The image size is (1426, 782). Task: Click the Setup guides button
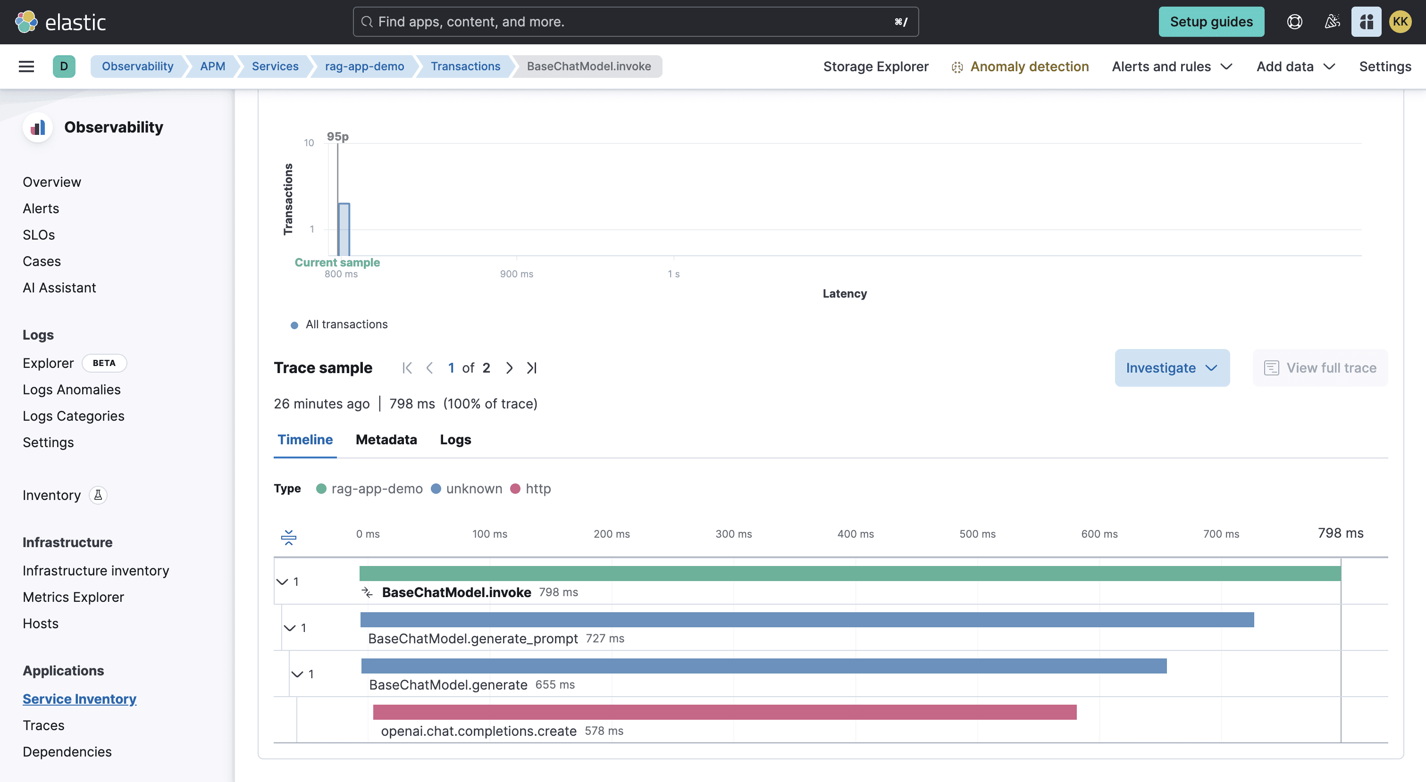tap(1211, 22)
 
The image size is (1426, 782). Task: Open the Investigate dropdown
tap(1171, 367)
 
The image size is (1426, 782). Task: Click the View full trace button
tap(1320, 367)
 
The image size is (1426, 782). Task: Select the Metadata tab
tap(386, 440)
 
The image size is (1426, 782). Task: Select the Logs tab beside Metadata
tap(455, 440)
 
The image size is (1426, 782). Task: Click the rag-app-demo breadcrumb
tap(364, 67)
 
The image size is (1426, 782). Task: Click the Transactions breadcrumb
tap(465, 67)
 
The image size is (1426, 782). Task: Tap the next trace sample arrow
tap(509, 367)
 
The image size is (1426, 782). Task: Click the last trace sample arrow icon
tap(531, 367)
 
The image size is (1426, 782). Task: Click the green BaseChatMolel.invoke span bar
tap(850, 574)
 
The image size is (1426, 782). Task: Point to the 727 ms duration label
tap(604, 638)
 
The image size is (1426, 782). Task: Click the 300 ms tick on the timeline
tap(733, 534)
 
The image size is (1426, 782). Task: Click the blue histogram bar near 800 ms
tap(344, 229)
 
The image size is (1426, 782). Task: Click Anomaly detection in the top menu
tap(1029, 67)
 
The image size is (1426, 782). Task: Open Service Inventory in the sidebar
tap(79, 699)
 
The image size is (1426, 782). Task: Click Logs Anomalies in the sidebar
tap(71, 390)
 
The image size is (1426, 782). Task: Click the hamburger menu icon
tap(26, 67)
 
